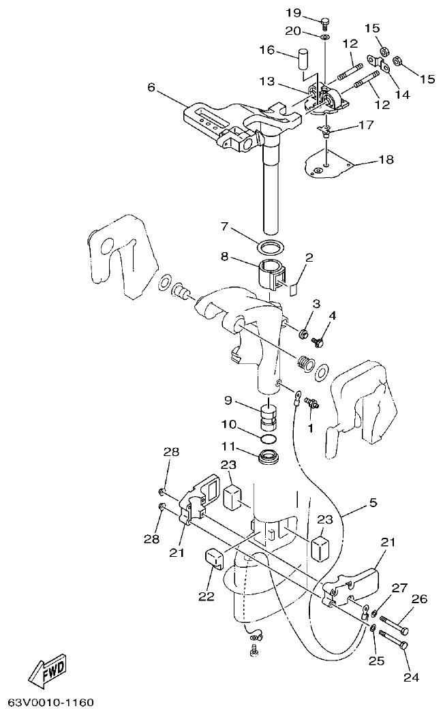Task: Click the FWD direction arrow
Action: (x=48, y=671)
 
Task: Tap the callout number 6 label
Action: (x=151, y=87)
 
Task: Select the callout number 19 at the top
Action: (x=293, y=13)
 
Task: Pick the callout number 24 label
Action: (x=411, y=678)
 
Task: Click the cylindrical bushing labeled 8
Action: (x=272, y=274)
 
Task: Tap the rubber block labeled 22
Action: (x=215, y=558)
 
